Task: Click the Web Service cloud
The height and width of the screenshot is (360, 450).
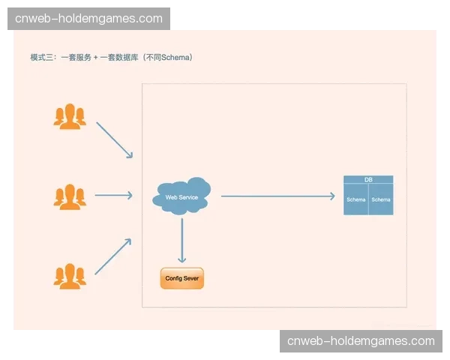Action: click(181, 196)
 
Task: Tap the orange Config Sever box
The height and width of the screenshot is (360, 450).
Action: click(182, 278)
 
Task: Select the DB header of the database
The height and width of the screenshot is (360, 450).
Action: click(368, 180)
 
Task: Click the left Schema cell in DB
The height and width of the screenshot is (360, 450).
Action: click(355, 200)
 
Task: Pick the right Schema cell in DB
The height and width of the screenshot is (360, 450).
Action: click(381, 200)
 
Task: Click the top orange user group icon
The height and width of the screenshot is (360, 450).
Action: click(70, 116)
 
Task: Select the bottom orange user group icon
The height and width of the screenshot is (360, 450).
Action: click(70, 275)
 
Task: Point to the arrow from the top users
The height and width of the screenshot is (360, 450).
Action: click(114, 140)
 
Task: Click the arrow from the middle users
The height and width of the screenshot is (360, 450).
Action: click(113, 196)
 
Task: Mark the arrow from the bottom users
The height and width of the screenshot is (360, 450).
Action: click(113, 256)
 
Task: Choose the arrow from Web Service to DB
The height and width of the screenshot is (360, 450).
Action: click(277, 196)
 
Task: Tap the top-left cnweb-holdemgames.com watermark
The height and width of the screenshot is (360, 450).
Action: click(88, 18)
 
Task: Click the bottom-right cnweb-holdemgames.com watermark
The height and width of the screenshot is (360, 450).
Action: click(361, 341)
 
